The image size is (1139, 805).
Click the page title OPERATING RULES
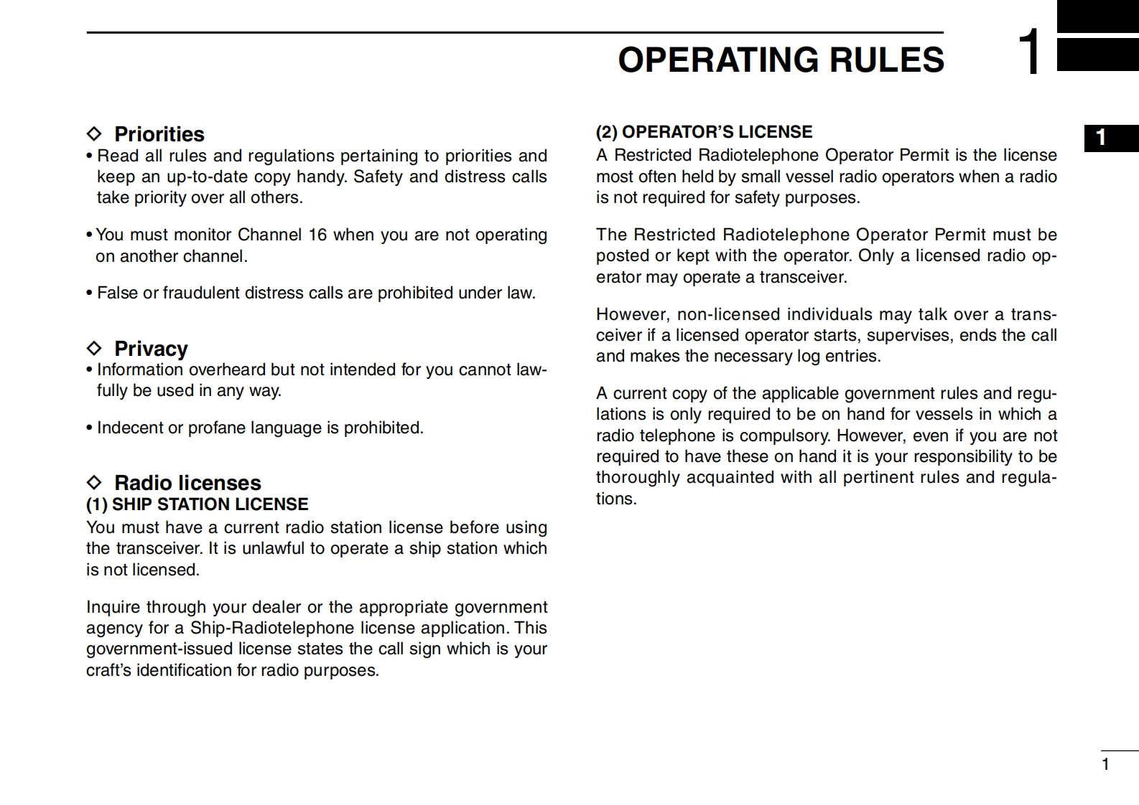pyautogui.click(x=781, y=60)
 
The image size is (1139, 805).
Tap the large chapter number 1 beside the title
pyautogui.click(x=1031, y=52)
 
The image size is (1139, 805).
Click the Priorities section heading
pyautogui.click(x=159, y=134)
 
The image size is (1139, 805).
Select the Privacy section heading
pyautogui.click(x=151, y=349)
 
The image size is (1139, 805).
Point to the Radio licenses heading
pyautogui.click(x=187, y=483)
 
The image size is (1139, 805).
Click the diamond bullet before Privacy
pyautogui.click(x=94, y=349)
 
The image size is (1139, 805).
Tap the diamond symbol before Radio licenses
pyautogui.click(x=94, y=482)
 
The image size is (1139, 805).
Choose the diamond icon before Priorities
pyautogui.click(x=94, y=134)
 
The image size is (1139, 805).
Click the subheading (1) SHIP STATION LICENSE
pyautogui.click(x=197, y=504)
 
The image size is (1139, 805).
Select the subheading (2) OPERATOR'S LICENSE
pyautogui.click(x=704, y=132)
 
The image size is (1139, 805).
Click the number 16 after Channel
pyautogui.click(x=317, y=235)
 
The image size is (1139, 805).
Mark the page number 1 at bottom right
pyautogui.click(x=1105, y=764)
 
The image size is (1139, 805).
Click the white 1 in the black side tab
pyautogui.click(x=1101, y=138)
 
